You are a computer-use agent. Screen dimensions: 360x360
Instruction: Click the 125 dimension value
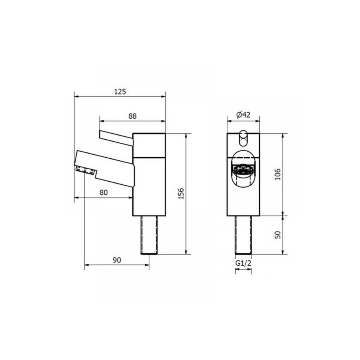pyautogui.click(x=120, y=91)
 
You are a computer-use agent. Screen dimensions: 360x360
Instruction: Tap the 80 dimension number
pyautogui.click(x=104, y=192)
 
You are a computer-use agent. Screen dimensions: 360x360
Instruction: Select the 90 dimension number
pyautogui.click(x=116, y=260)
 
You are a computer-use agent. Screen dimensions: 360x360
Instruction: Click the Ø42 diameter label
pyautogui.click(x=243, y=115)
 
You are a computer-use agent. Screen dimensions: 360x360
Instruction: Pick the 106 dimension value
pyautogui.click(x=278, y=174)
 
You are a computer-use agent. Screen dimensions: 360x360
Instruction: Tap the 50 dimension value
pyautogui.click(x=278, y=234)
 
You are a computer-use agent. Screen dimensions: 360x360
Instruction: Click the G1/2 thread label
pyautogui.click(x=243, y=263)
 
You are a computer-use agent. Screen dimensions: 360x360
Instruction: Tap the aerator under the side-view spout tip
pyautogui.click(x=86, y=170)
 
